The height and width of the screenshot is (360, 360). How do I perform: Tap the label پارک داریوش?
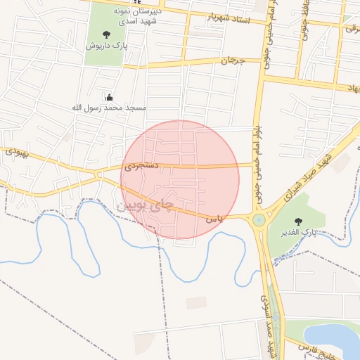(101, 45)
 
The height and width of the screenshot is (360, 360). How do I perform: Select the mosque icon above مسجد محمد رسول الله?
(108, 97)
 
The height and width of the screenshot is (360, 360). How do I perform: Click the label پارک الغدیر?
(302, 232)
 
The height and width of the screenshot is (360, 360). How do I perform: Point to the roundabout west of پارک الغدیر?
(259, 220)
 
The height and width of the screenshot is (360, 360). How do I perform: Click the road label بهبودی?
(15, 151)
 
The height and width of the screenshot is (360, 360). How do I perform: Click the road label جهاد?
(351, 86)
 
